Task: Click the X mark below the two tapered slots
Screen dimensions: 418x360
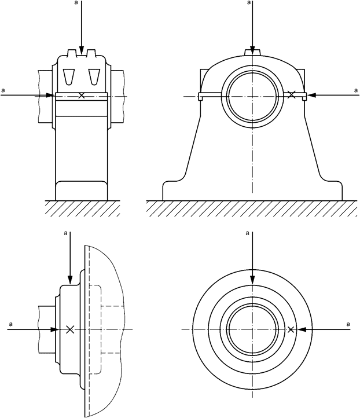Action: [x=82, y=96]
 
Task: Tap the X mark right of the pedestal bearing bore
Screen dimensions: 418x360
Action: [x=292, y=94]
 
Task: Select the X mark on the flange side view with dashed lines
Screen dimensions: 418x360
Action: [x=70, y=329]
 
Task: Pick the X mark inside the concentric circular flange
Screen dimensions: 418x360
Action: [x=291, y=329]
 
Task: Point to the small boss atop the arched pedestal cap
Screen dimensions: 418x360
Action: [x=252, y=52]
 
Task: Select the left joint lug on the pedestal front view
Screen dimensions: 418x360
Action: [x=200, y=97]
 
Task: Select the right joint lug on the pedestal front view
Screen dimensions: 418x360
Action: [x=304, y=97]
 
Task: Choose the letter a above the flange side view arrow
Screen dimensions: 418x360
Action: [x=66, y=233]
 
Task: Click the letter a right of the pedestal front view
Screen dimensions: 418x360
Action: [x=355, y=90]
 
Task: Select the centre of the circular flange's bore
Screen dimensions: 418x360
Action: [x=252, y=329]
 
